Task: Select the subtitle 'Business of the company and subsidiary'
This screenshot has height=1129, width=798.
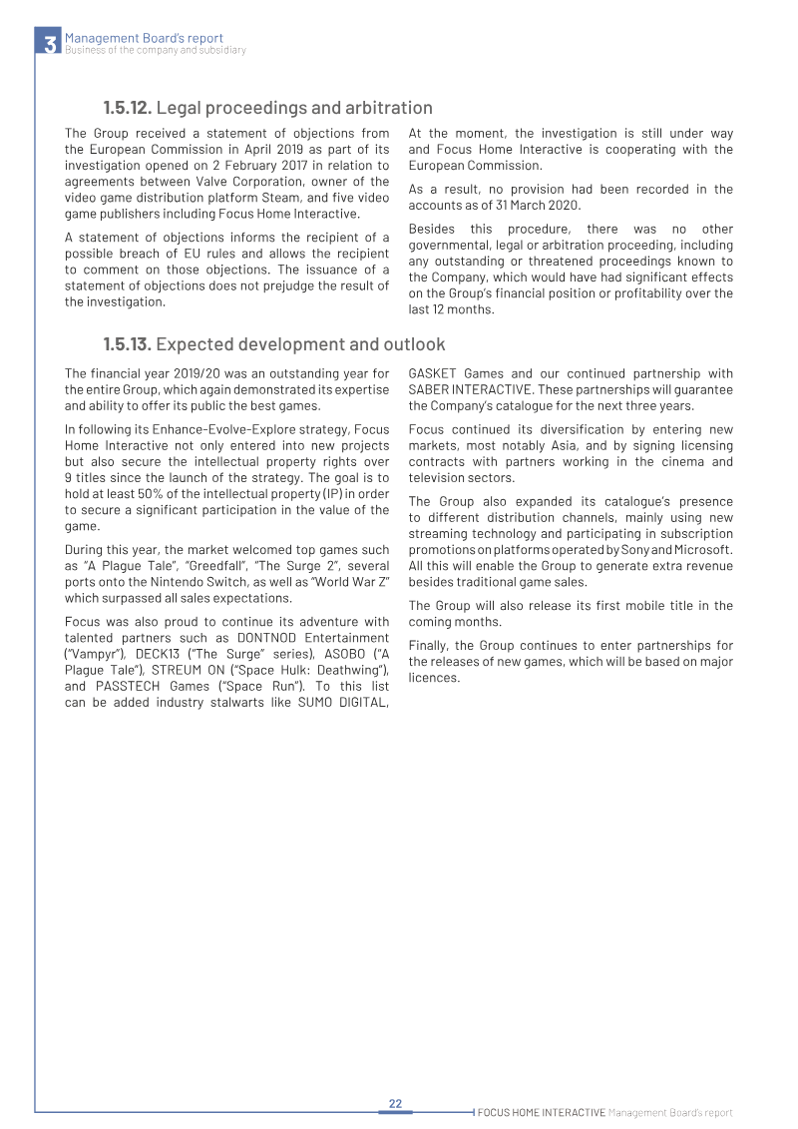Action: coord(155,51)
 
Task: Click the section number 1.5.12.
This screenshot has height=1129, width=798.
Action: coord(127,108)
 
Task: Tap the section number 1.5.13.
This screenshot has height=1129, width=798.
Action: coord(127,344)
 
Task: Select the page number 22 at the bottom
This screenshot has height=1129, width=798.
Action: coord(395,1103)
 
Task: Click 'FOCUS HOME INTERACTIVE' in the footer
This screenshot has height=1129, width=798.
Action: coord(542,1112)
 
